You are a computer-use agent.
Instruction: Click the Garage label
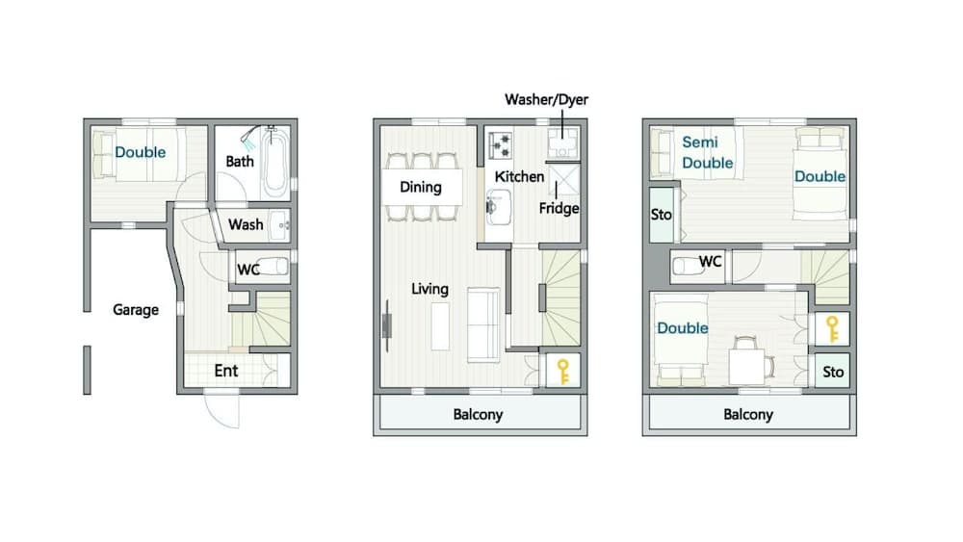pyautogui.click(x=136, y=310)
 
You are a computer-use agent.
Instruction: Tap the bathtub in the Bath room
pyautogui.click(x=274, y=164)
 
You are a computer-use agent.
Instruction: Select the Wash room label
pyautogui.click(x=246, y=224)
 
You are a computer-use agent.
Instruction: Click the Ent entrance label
pyautogui.click(x=226, y=371)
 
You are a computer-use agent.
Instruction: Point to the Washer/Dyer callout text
pyautogui.click(x=547, y=99)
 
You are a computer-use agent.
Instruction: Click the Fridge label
pyautogui.click(x=559, y=209)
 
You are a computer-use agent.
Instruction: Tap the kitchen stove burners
pyautogui.click(x=500, y=144)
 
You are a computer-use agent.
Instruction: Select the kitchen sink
pyautogui.click(x=499, y=207)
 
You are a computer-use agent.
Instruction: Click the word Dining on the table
pyautogui.click(x=421, y=187)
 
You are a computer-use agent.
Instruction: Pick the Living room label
pyautogui.click(x=429, y=289)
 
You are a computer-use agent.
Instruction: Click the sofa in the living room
pyautogui.click(x=484, y=324)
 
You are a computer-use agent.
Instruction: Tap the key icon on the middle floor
pyautogui.click(x=563, y=372)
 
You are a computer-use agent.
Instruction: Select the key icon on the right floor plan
pyautogui.click(x=832, y=329)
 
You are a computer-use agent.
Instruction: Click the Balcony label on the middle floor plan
pyautogui.click(x=478, y=414)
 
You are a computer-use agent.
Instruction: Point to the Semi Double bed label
pyautogui.click(x=708, y=152)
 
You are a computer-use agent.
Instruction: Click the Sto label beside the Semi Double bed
pyautogui.click(x=662, y=215)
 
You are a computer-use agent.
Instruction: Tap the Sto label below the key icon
pyautogui.click(x=833, y=372)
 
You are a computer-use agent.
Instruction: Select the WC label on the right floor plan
pyautogui.click(x=710, y=262)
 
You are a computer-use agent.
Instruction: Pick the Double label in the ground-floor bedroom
pyautogui.click(x=140, y=152)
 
